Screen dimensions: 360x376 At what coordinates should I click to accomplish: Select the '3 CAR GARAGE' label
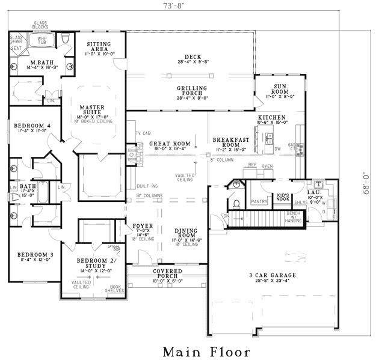tap(273, 276)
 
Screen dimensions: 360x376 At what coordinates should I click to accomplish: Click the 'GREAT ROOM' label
tap(170, 144)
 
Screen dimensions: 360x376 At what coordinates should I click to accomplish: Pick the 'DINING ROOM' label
tap(186, 234)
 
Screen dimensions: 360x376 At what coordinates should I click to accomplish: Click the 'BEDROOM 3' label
tap(35, 255)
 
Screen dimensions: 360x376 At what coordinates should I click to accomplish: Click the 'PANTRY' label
tap(258, 202)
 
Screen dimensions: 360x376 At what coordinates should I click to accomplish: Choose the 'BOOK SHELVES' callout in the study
tap(116, 289)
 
